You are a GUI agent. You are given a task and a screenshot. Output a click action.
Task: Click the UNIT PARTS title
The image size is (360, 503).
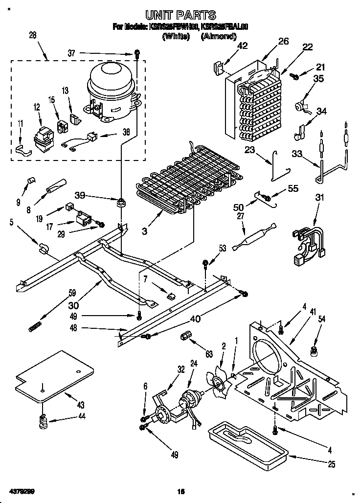coord(180,16)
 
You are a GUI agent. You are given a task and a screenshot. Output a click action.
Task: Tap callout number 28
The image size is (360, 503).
coord(33,35)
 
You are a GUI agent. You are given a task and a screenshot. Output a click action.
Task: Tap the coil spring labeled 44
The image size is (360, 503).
coord(44,419)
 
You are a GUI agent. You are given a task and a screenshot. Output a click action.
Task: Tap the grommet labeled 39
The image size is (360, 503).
coord(119,201)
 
